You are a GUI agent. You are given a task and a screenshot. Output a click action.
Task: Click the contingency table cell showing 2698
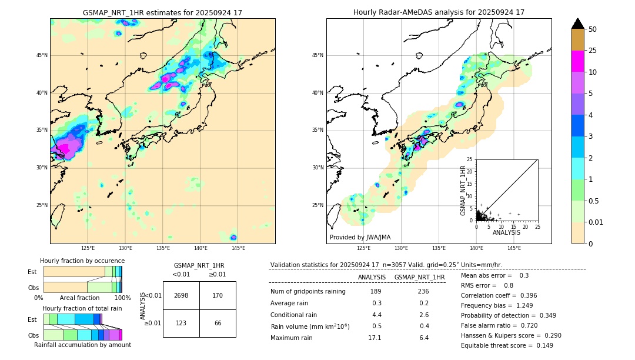(181, 295)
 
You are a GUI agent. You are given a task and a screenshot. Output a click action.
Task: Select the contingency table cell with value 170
(218, 295)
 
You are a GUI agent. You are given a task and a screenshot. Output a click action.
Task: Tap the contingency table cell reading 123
(181, 323)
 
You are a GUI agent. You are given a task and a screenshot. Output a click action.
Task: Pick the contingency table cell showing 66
(218, 323)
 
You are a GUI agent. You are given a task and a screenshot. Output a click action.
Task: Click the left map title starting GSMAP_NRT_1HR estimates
(162, 13)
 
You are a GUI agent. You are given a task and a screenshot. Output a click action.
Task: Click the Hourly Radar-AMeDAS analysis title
(439, 13)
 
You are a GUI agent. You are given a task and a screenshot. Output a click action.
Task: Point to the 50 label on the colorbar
(593, 29)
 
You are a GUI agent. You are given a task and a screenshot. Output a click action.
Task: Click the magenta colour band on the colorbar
(577, 61)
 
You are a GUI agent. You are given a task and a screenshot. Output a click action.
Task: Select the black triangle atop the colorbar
(577, 24)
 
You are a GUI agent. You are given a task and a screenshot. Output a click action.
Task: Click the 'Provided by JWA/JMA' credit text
(360, 238)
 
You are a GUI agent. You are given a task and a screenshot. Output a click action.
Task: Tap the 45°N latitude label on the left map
(42, 55)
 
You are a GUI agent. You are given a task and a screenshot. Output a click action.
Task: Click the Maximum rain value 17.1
(375, 338)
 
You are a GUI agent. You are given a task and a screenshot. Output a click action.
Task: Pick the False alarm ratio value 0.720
(518, 325)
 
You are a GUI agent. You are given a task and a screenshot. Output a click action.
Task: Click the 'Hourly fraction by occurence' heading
(82, 261)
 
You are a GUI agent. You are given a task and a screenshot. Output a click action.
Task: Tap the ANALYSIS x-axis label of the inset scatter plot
(506, 232)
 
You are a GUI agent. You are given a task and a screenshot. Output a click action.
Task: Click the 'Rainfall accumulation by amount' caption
(82, 345)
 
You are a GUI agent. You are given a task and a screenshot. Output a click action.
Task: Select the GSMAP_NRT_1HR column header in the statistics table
(419, 277)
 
